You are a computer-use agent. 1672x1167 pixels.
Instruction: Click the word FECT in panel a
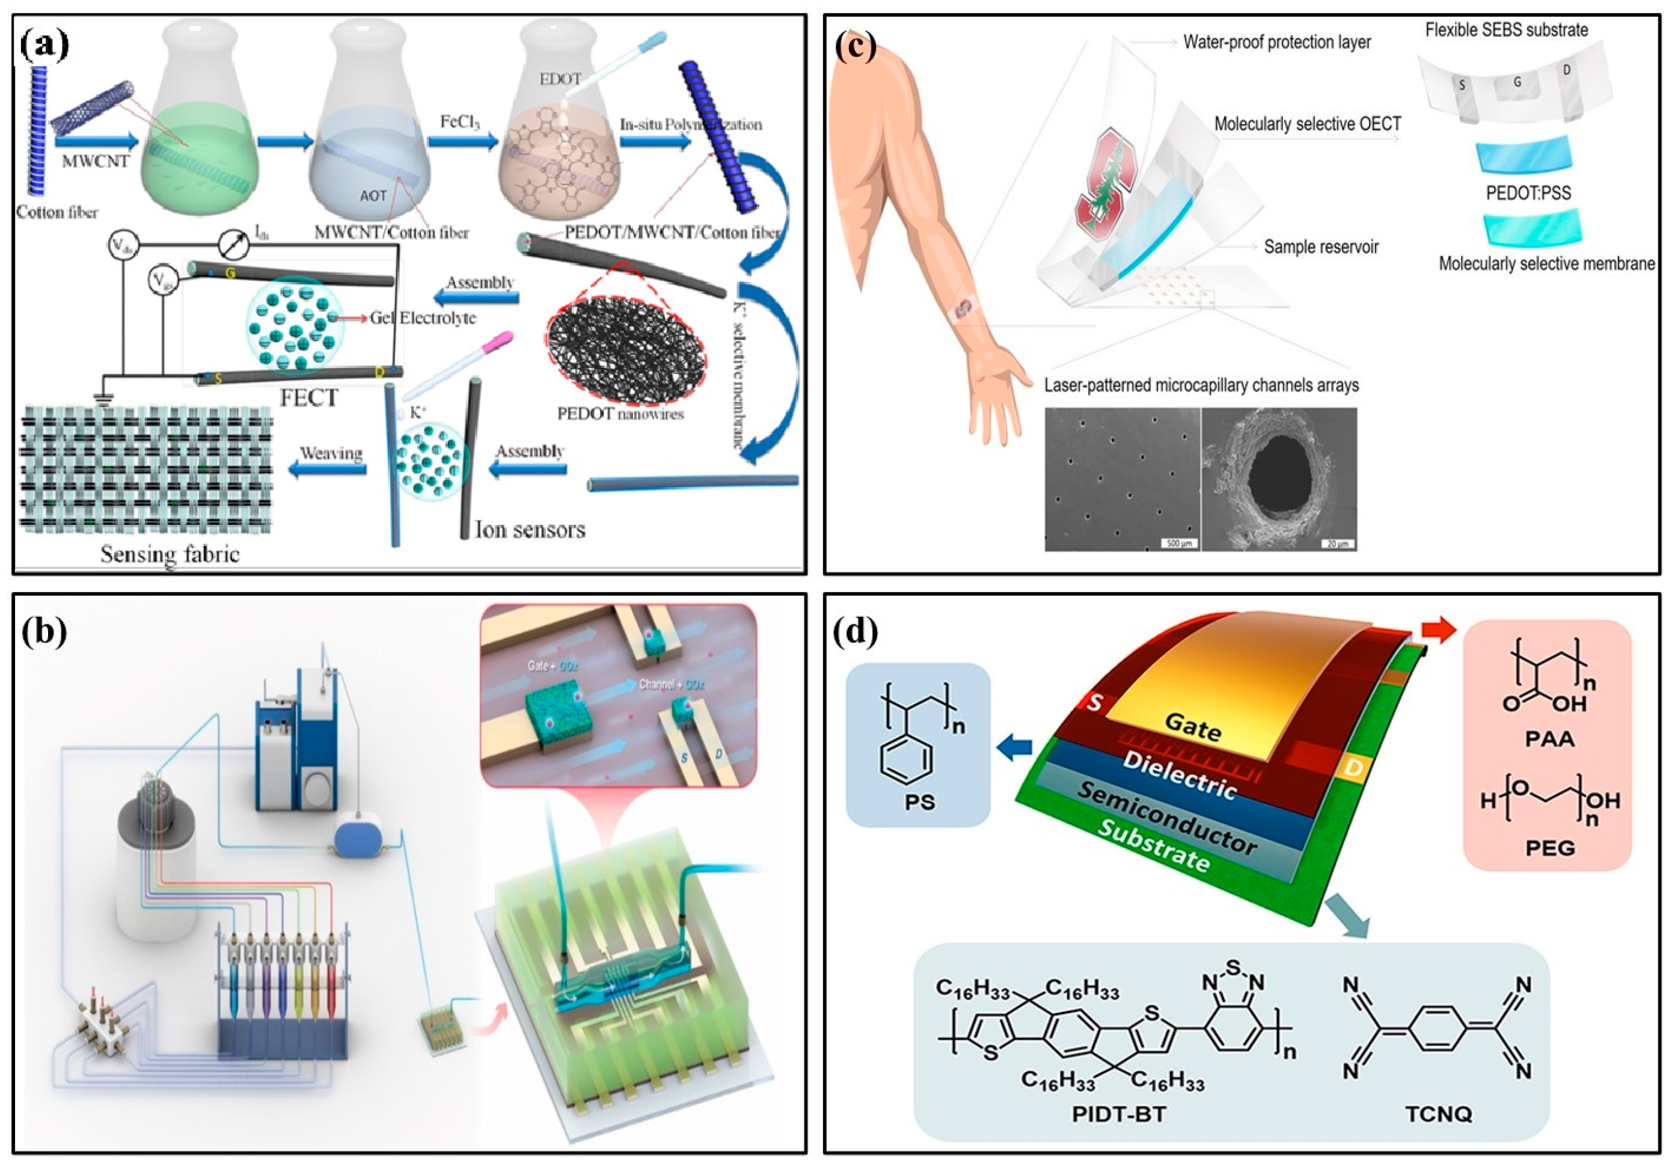coord(309,398)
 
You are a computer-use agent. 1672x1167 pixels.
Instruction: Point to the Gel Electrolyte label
coord(423,317)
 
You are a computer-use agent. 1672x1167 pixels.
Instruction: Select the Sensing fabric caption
coord(170,554)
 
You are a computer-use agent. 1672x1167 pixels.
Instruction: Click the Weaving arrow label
coord(331,453)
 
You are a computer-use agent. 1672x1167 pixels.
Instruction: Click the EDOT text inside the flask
coord(561,79)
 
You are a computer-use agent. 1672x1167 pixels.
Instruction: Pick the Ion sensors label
coord(530,529)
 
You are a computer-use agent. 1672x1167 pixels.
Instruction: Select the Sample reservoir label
coord(1321,247)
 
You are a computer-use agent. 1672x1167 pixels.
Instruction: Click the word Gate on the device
coord(1193,726)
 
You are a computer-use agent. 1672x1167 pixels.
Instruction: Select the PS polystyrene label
coord(920,803)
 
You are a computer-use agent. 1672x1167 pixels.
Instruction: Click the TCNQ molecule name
coord(1439,1114)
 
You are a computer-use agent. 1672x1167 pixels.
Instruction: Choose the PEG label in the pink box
coord(1550,848)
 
